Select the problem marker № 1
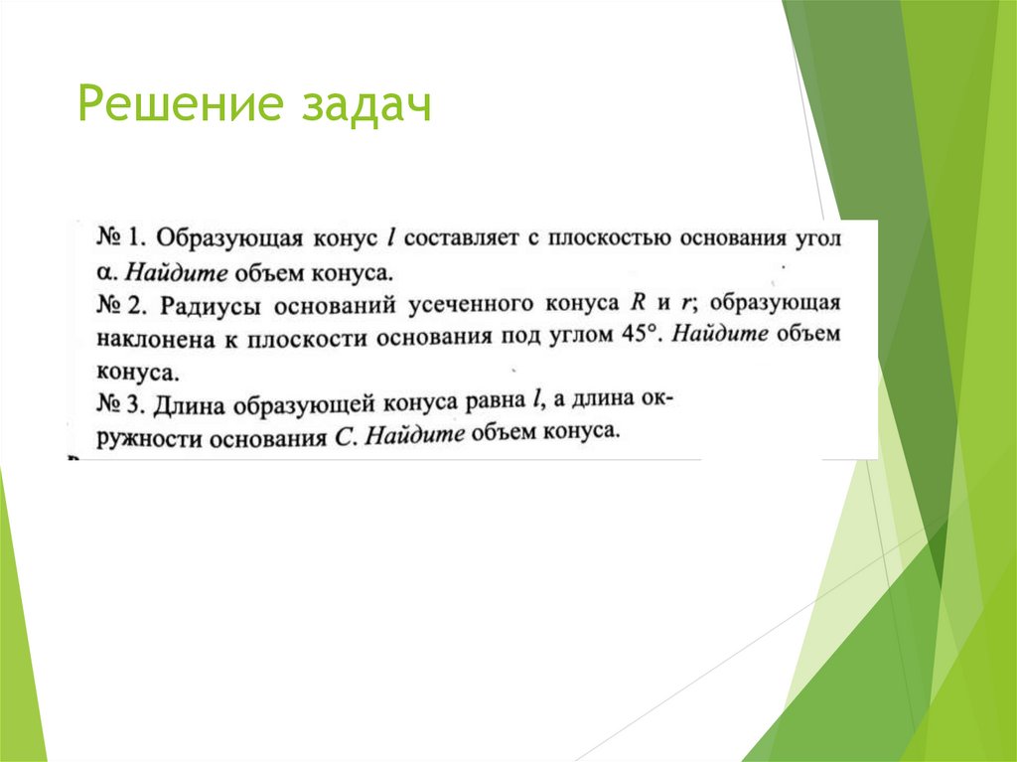pos(122,239)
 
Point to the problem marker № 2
pos(123,303)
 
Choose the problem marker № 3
pos(122,402)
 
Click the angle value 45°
pos(642,335)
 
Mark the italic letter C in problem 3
pos(343,436)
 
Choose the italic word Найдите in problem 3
pos(415,434)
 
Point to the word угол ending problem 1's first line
pos(816,240)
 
